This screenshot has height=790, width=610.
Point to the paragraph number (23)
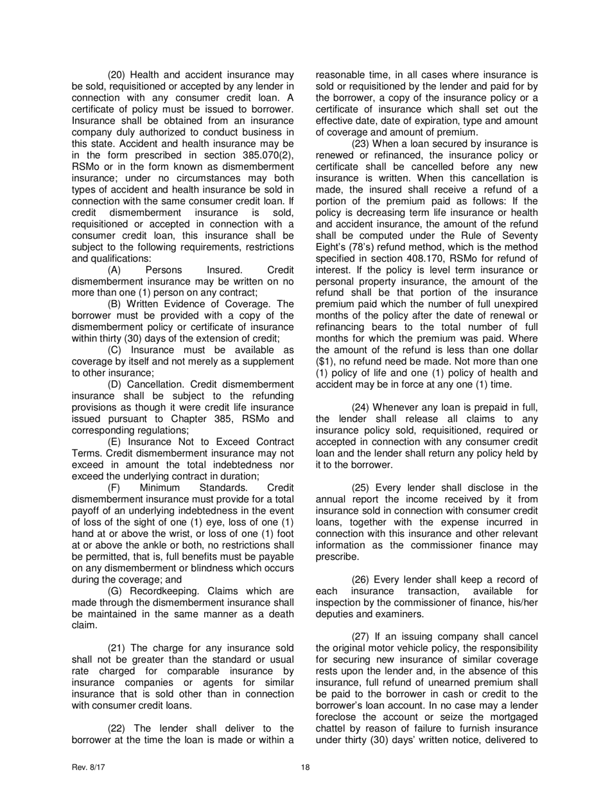click(x=363, y=143)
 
